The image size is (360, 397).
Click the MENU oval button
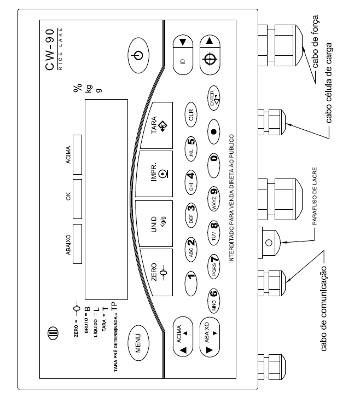[x=138, y=343]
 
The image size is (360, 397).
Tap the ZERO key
[x=156, y=273]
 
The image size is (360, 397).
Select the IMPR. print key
[x=154, y=174]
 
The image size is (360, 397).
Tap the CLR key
[x=191, y=114]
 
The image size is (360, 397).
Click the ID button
[x=183, y=55]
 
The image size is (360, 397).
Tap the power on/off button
[x=138, y=55]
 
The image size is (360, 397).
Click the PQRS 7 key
[x=214, y=267]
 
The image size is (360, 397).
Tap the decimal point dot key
[x=214, y=131]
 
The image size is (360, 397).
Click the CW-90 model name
[x=50, y=50]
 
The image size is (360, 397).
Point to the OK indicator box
[x=77, y=199]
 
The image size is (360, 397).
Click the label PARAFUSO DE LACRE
[x=315, y=196]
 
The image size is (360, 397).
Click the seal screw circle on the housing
[x=269, y=243]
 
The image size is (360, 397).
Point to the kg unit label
[x=89, y=89]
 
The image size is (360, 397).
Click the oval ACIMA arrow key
[x=183, y=337]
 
